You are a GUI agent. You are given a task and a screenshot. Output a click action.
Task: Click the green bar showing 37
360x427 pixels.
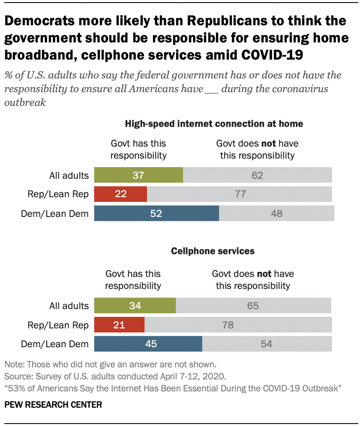138,175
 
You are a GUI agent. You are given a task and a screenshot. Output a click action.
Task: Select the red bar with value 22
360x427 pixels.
120,194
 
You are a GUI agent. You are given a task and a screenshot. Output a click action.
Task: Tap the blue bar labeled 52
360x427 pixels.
156,213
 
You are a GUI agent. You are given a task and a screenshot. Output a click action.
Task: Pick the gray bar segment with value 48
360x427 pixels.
276,213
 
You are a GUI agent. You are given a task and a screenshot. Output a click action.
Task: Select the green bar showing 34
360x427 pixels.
135,306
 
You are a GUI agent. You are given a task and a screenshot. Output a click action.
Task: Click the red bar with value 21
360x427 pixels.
119,325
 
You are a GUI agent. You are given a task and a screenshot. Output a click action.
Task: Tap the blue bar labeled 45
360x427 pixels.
148,343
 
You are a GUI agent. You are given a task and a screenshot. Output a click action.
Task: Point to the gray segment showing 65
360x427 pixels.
253,306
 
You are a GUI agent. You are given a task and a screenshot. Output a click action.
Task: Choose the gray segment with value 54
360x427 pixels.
267,343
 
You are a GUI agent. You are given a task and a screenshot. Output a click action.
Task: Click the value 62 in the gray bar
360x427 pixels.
257,175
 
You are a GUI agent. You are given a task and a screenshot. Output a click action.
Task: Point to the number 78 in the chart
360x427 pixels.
228,325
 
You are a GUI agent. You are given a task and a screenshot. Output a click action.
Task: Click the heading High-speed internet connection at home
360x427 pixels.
214,124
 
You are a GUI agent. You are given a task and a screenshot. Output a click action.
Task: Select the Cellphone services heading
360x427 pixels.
213,251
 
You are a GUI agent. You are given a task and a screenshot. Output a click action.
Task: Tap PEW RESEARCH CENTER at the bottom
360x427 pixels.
53,404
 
